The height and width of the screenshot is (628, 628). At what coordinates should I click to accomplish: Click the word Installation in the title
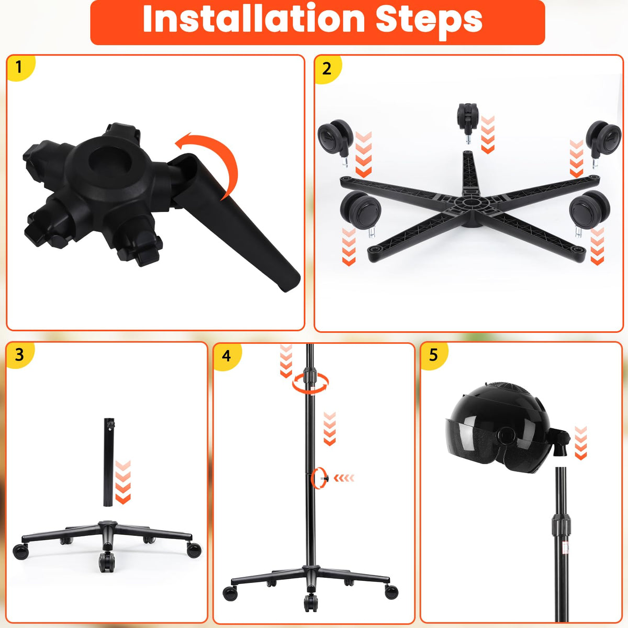(253, 19)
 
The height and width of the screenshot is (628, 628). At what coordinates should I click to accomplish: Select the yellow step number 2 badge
(327, 69)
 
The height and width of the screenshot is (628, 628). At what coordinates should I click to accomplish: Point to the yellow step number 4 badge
(227, 356)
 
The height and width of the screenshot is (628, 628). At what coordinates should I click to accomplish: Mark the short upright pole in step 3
(109, 463)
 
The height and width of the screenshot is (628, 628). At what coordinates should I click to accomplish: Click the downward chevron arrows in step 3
(123, 483)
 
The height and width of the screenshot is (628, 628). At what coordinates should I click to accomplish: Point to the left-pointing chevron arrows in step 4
(344, 478)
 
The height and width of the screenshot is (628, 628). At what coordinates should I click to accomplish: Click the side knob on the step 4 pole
(324, 478)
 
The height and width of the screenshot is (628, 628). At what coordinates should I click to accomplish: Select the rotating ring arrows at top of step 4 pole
(310, 383)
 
